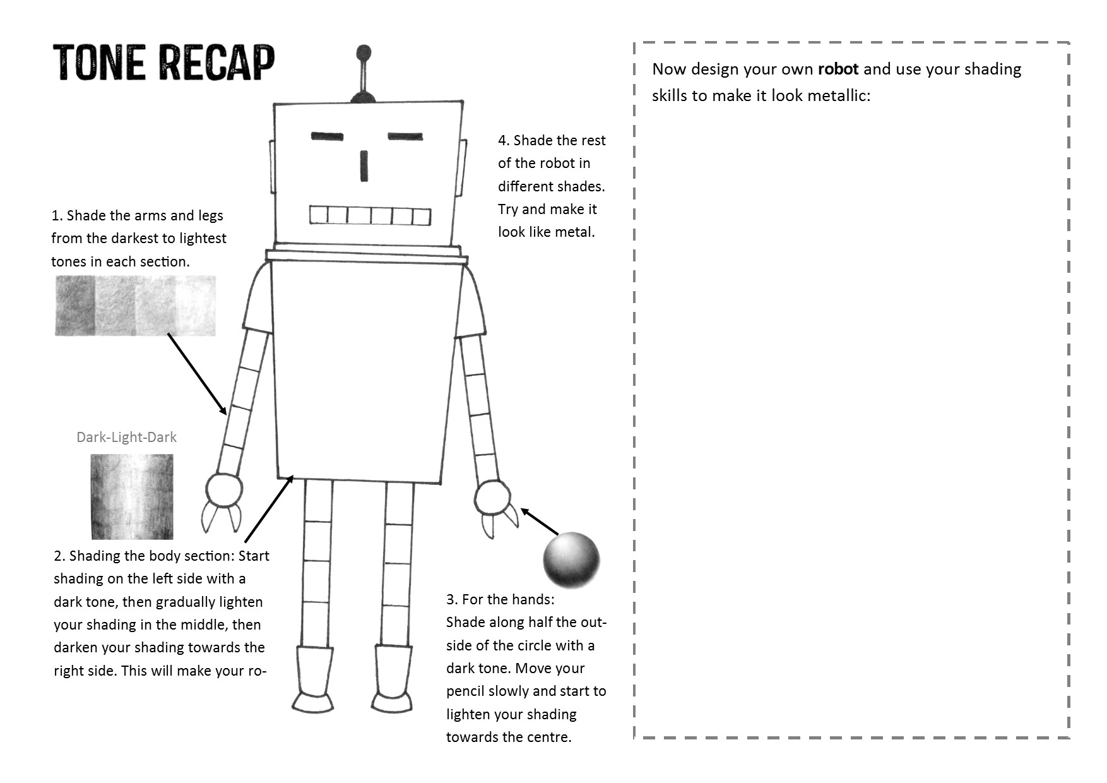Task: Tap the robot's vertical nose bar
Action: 364,166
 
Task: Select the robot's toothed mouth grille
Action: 370,215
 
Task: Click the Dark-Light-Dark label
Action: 126,437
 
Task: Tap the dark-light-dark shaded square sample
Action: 132,496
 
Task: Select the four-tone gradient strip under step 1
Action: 135,306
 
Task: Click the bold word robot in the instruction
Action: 838,69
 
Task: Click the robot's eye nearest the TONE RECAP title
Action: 327,136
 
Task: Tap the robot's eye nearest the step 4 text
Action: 405,136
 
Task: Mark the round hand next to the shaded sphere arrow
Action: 492,498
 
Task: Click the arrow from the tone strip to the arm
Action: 197,374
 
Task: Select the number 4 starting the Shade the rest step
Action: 502,140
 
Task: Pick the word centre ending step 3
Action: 540,737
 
